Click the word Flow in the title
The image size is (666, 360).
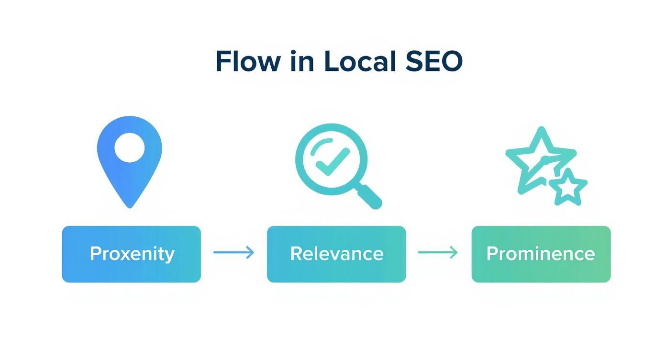(x=247, y=61)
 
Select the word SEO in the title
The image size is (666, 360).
(x=434, y=61)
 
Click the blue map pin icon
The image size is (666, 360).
(x=130, y=153)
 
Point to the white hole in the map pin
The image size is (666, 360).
(x=130, y=147)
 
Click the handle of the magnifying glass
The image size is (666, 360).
(x=369, y=196)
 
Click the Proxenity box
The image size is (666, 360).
(x=131, y=254)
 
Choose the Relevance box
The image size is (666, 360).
(x=336, y=254)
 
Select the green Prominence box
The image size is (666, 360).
(x=541, y=254)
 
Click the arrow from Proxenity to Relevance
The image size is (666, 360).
(x=233, y=252)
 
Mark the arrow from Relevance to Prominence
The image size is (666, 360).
(x=438, y=252)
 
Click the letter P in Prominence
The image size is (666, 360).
(x=492, y=253)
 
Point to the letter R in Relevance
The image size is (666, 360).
(x=296, y=253)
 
